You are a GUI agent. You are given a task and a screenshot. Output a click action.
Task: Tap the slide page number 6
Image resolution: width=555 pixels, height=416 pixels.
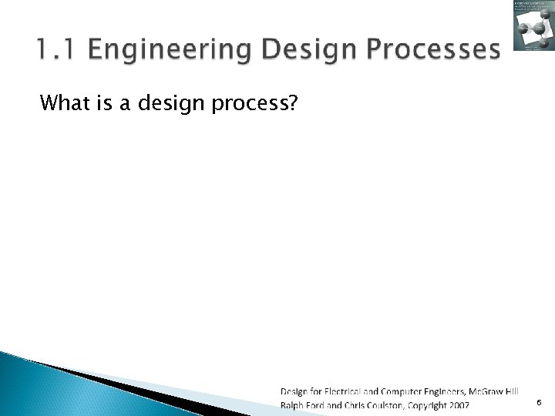tap(538, 402)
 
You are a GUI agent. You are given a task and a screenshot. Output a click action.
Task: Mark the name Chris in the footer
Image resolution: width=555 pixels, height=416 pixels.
tap(360, 404)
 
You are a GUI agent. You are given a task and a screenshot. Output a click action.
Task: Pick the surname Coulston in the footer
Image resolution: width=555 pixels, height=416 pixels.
tap(395, 404)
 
